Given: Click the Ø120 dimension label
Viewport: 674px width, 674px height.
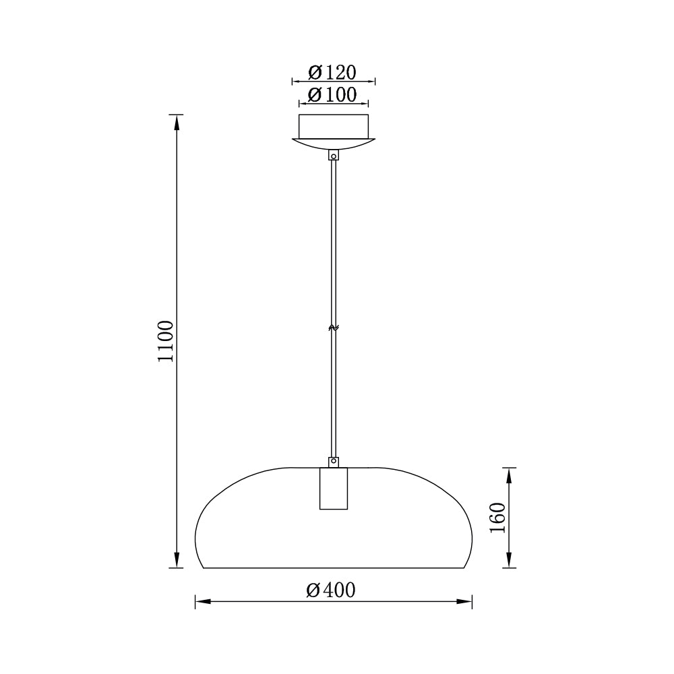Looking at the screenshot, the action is [x=332, y=72].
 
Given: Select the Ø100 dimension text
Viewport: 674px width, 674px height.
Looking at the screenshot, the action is [x=332, y=94].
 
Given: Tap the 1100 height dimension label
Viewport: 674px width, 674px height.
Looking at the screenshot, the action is [x=166, y=341].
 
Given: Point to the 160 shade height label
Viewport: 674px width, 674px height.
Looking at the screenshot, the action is [x=498, y=518].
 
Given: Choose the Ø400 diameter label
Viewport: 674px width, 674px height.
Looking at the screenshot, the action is [x=331, y=590].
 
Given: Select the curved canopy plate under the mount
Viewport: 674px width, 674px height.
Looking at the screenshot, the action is [x=334, y=144].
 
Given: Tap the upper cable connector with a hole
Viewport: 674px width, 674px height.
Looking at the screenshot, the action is [x=334, y=155].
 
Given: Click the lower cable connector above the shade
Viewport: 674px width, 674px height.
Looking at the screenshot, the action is [x=334, y=462].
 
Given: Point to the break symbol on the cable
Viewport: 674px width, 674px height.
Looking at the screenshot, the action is [x=334, y=328].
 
